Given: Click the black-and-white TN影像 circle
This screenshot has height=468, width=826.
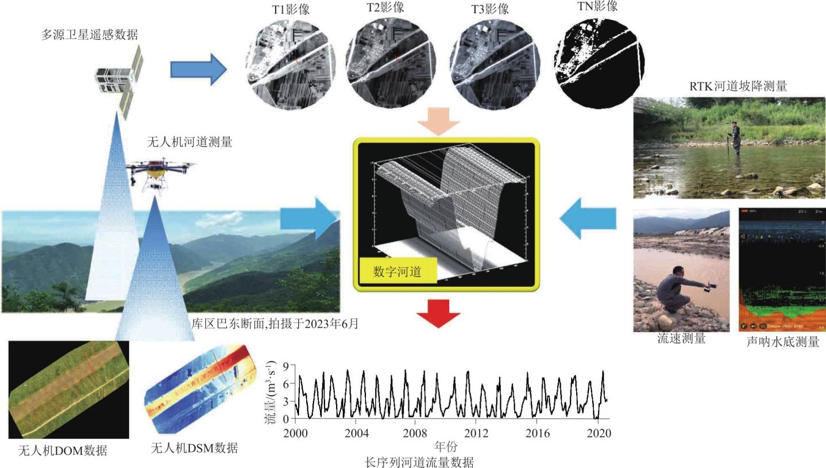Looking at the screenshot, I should click(599, 60).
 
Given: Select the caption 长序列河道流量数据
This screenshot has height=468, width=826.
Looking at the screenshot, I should click(419, 462).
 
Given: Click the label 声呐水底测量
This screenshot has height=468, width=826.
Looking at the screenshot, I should click(782, 342).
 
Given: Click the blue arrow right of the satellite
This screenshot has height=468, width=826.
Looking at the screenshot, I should click(199, 68).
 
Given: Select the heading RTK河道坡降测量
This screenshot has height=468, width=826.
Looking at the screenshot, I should click(738, 86).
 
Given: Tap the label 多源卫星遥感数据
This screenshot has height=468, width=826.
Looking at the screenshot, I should click(90, 34).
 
